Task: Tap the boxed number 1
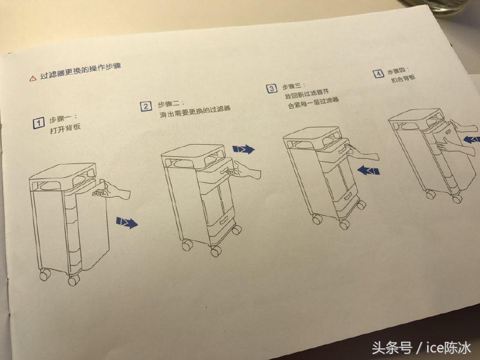coord(39,123)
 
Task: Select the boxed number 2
coord(146,107)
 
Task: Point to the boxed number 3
coord(271,88)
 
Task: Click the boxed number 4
coord(378,74)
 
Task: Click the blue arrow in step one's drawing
coord(127,222)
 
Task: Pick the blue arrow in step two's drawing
coord(243,149)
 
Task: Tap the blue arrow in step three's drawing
coord(369,170)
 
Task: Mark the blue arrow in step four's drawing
coord(471,140)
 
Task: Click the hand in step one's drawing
coord(111,191)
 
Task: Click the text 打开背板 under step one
coord(65,128)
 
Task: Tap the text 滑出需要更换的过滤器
coord(195,112)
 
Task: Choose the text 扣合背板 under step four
coord(403,78)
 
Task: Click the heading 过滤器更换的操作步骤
coord(81,71)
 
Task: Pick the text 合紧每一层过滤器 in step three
coord(313,103)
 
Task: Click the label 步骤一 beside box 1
coord(63,119)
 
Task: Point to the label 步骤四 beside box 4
coord(398,71)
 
